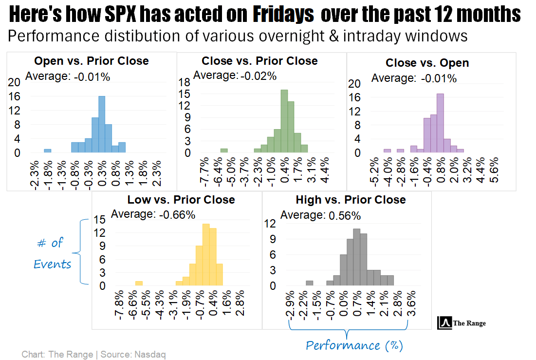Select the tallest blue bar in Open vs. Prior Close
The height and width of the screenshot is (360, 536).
click(x=102, y=124)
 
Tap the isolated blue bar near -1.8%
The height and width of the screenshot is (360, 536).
click(x=47, y=151)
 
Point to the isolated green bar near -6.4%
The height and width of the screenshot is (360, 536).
click(x=224, y=151)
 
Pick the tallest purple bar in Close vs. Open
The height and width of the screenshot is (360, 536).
click(x=440, y=123)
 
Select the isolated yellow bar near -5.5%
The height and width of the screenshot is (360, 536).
click(x=139, y=283)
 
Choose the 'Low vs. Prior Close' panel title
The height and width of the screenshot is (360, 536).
click(x=181, y=200)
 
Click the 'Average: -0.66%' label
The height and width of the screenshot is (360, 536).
click(x=153, y=214)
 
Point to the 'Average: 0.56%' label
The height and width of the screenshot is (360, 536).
click(x=321, y=215)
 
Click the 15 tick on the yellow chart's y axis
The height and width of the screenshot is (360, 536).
click(x=99, y=220)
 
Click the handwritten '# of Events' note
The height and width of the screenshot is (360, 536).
click(x=53, y=253)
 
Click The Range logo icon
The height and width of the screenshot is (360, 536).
click(x=445, y=322)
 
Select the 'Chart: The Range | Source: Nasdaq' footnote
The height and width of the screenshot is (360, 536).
click(x=93, y=354)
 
